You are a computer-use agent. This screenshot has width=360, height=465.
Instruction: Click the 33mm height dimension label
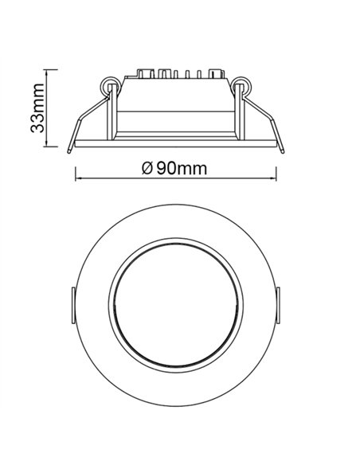click(36, 108)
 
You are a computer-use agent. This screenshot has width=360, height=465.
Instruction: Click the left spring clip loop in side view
click(108, 85)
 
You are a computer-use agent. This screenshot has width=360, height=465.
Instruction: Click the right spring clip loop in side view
click(244, 85)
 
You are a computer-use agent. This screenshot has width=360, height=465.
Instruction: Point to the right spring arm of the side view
click(268, 119)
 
